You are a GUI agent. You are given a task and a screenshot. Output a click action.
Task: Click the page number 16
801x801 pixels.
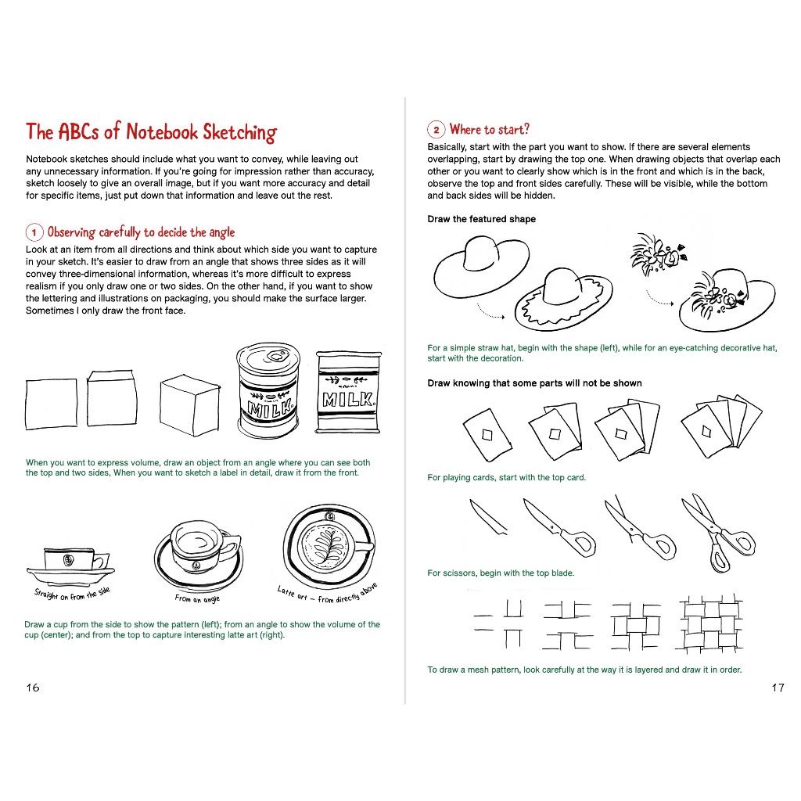33,688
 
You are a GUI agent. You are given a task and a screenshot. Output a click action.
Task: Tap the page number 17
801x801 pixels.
778,688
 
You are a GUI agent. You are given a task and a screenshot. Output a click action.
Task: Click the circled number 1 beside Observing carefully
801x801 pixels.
34,232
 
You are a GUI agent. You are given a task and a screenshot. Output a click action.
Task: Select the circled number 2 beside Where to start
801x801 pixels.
436,130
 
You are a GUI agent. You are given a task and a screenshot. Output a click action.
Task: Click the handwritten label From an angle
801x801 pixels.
197,598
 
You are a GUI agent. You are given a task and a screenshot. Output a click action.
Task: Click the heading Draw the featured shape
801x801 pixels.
481,219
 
